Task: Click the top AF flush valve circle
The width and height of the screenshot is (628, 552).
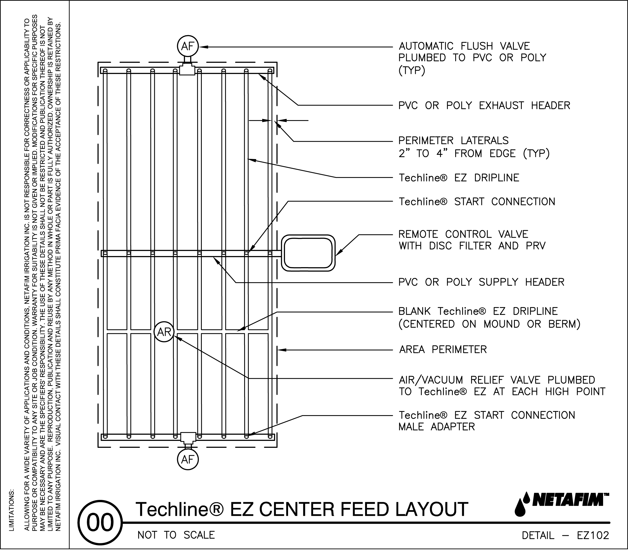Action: click(188, 46)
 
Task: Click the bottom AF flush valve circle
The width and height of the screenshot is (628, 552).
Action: click(188, 460)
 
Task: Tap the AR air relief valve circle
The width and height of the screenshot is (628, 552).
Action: click(164, 332)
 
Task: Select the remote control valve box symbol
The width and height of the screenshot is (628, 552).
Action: click(308, 253)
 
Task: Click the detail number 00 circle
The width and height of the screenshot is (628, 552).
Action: click(100, 522)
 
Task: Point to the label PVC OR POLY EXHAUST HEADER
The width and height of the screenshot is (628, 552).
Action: click(484, 106)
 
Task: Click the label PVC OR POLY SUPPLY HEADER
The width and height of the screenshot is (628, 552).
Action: click(481, 282)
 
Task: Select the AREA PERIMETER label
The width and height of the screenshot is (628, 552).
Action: click(443, 350)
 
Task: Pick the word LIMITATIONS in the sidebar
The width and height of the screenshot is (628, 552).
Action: click(12, 510)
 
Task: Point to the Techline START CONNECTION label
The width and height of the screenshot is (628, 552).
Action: click(477, 202)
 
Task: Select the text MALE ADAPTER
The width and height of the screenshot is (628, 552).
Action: click(436, 427)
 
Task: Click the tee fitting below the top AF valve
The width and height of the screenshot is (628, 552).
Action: click(187, 70)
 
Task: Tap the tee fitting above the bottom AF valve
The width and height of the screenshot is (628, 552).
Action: click(188, 437)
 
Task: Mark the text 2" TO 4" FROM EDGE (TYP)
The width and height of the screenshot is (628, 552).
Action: click(474, 153)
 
